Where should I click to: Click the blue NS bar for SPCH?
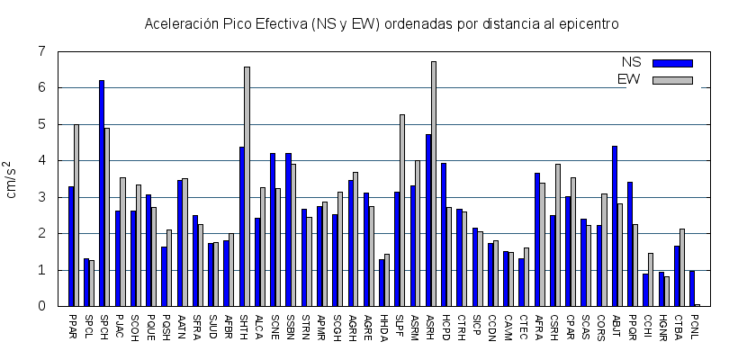pyautogui.click(x=102, y=193)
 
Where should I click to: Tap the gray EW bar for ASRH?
pyautogui.click(x=433, y=184)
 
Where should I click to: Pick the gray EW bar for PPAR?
pyautogui.click(x=76, y=215)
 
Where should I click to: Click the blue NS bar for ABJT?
pyautogui.click(x=615, y=226)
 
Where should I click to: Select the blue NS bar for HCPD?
pyautogui.click(x=444, y=234)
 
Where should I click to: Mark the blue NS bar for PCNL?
pyautogui.click(x=692, y=288)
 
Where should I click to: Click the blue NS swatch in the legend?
pyautogui.click(x=672, y=63)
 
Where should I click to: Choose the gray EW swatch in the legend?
pyautogui.click(x=672, y=80)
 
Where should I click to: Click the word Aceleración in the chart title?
pyautogui.click(x=176, y=23)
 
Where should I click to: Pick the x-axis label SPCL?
pyautogui.click(x=88, y=325)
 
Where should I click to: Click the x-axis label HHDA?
pyautogui.click(x=383, y=326)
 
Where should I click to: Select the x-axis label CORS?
pyautogui.click(x=600, y=326)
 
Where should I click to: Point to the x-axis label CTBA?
pyautogui.click(x=678, y=325)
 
